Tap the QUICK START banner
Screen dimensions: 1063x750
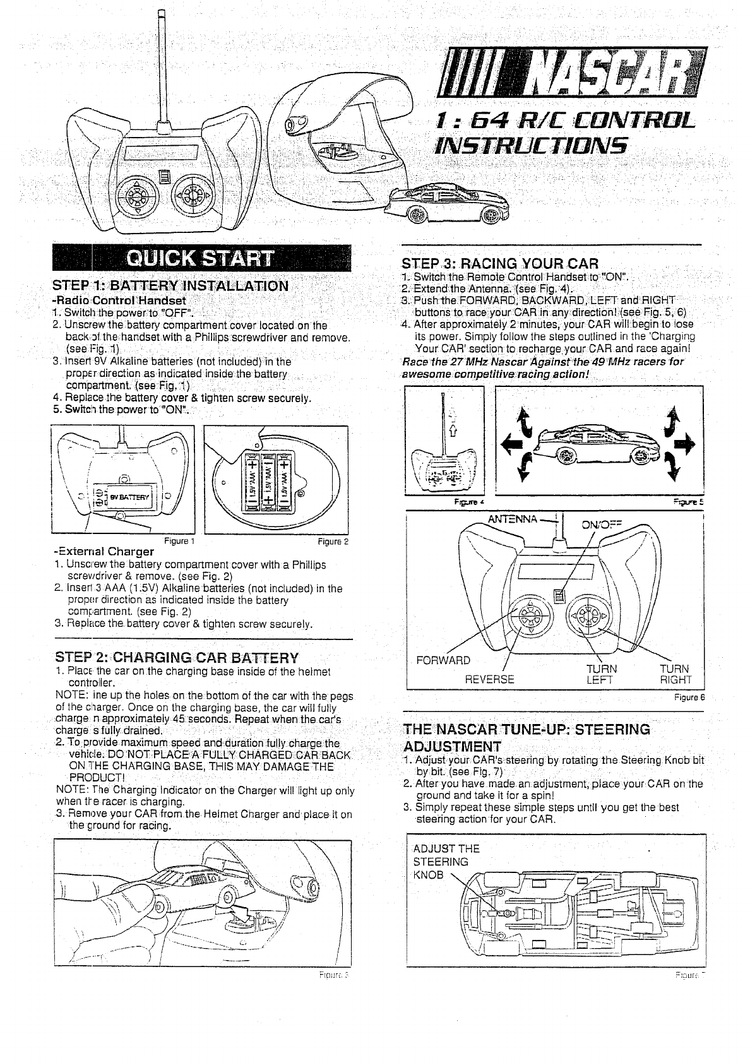click(201, 259)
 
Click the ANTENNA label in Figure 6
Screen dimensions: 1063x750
click(511, 520)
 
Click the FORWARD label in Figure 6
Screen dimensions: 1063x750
click(443, 660)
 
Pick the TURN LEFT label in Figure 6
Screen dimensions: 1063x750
click(600, 674)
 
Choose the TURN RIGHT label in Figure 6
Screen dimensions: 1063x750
click(675, 674)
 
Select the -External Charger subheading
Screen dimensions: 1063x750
click(105, 550)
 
